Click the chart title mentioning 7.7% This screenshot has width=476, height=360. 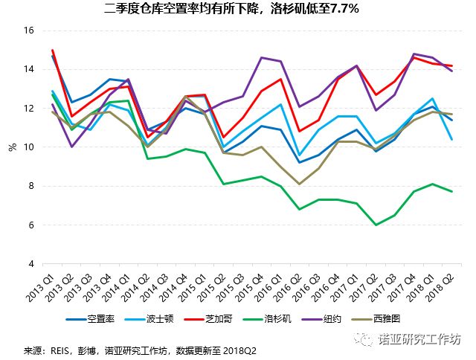(237, 9)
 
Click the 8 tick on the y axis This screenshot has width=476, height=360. (31, 186)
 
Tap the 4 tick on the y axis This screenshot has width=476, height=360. (31, 263)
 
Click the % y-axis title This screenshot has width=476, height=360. (13, 147)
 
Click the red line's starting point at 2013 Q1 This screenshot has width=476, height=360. (53, 51)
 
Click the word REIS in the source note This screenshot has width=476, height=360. (57, 347)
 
